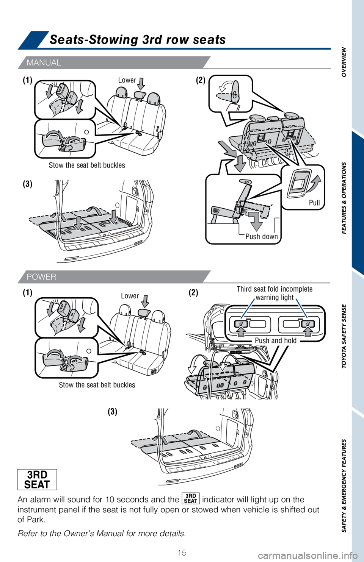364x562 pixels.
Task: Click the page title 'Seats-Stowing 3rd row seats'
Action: point(137,40)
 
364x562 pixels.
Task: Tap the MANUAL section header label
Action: point(44,62)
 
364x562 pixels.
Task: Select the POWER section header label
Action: point(41,277)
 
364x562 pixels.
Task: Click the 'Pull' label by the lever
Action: point(314,203)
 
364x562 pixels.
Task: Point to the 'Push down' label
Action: point(262,236)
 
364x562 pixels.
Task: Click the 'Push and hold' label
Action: point(276,340)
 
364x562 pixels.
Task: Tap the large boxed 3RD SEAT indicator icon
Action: point(37,479)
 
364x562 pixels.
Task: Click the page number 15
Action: point(182,553)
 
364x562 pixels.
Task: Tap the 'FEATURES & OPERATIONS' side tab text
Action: point(344,198)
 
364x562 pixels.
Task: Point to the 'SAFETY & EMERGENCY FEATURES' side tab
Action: point(344,486)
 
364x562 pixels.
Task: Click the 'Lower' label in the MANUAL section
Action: point(127,80)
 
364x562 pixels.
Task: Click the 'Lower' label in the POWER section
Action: point(130,296)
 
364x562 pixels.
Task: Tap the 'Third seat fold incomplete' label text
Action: point(275,289)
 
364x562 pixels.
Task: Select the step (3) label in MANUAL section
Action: point(28,184)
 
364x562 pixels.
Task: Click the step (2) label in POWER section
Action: point(193,293)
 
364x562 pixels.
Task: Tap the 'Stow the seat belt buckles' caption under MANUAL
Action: point(87,165)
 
